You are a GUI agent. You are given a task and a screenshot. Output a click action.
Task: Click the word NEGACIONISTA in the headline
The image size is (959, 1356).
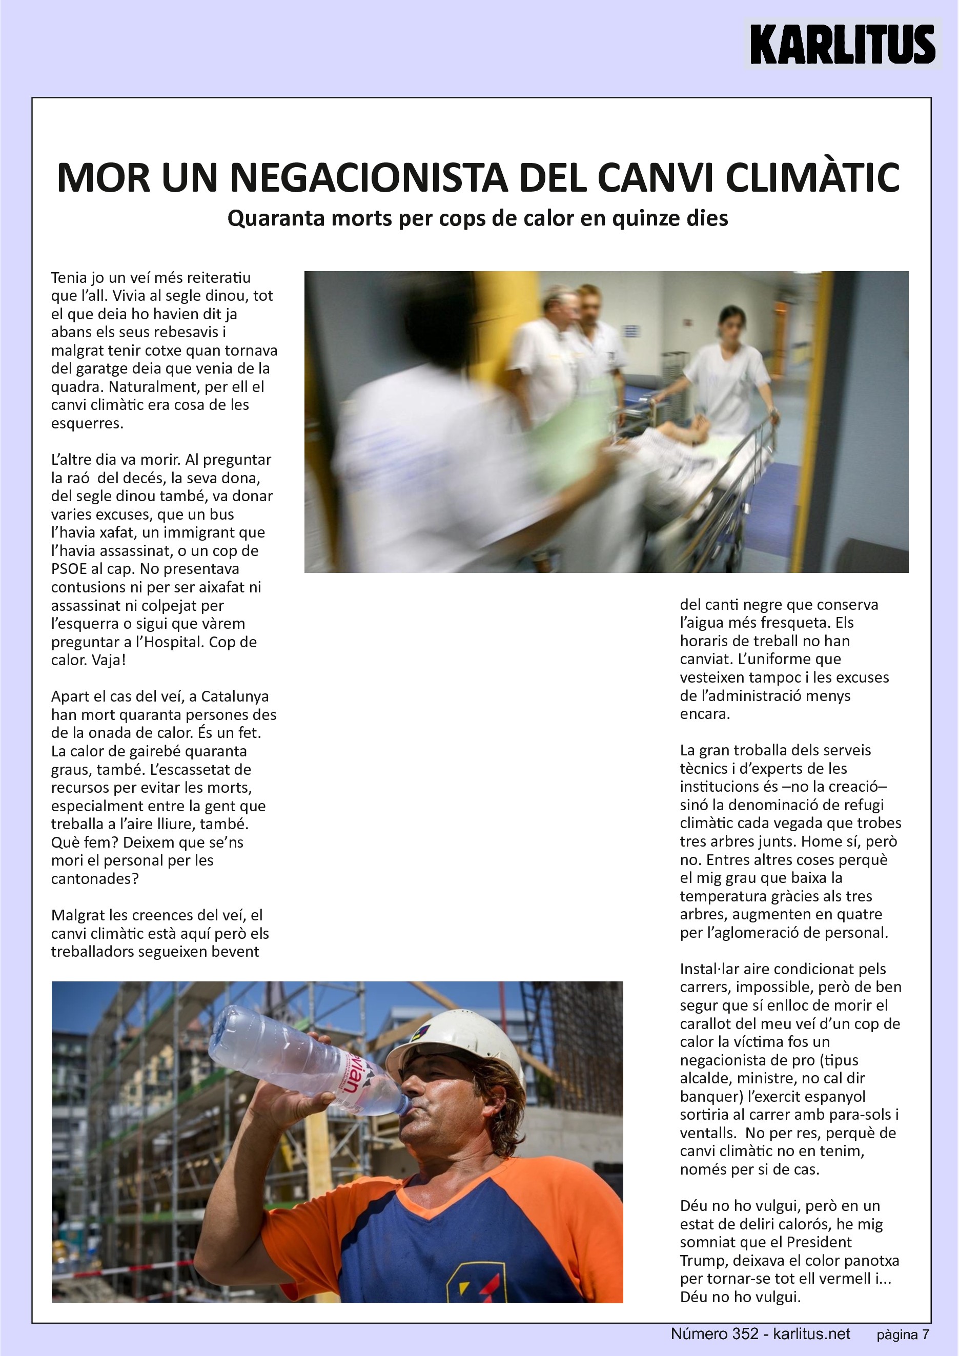[369, 177]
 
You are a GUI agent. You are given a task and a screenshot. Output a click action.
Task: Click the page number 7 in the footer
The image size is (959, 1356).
[925, 1335]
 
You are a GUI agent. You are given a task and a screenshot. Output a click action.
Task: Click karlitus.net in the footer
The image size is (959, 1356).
[812, 1334]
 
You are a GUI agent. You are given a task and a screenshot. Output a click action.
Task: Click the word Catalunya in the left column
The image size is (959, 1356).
[235, 696]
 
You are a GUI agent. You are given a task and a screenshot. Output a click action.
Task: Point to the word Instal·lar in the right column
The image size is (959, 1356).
[709, 969]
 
